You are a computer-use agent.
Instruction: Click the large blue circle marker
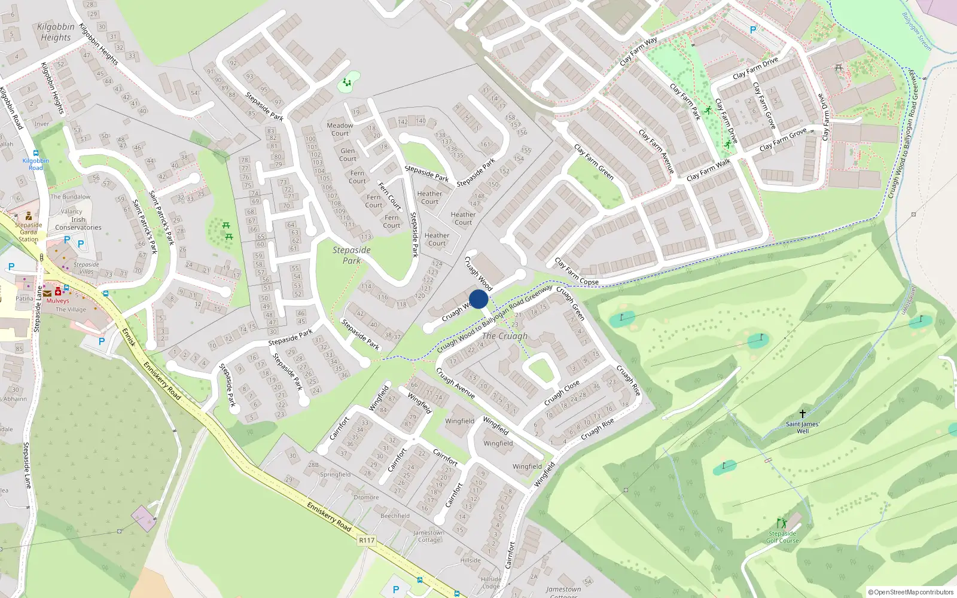[478, 299]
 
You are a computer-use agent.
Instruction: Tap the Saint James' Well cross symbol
[803, 413]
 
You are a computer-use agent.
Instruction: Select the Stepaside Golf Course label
[782, 537]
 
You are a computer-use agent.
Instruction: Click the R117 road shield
[367, 540]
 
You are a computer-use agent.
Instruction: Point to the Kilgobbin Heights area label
[56, 32]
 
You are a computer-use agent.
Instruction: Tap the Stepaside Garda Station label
[28, 232]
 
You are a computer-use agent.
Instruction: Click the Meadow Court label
[340, 129]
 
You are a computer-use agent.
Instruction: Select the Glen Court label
[348, 154]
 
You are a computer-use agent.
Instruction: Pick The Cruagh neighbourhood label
[505, 336]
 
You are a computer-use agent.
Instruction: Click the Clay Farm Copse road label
[576, 272]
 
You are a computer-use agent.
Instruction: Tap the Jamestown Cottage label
[429, 536]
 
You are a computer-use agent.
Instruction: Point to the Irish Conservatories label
[78, 224]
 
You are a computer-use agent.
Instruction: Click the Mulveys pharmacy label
[58, 301]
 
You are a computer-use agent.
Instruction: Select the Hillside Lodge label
[491, 582]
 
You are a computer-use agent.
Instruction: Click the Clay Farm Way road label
[638, 51]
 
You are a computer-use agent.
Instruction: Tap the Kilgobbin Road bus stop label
[36, 164]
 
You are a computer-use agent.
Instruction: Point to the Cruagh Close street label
[562, 392]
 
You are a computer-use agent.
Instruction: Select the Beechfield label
[395, 515]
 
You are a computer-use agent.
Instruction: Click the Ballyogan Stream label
[916, 31]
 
